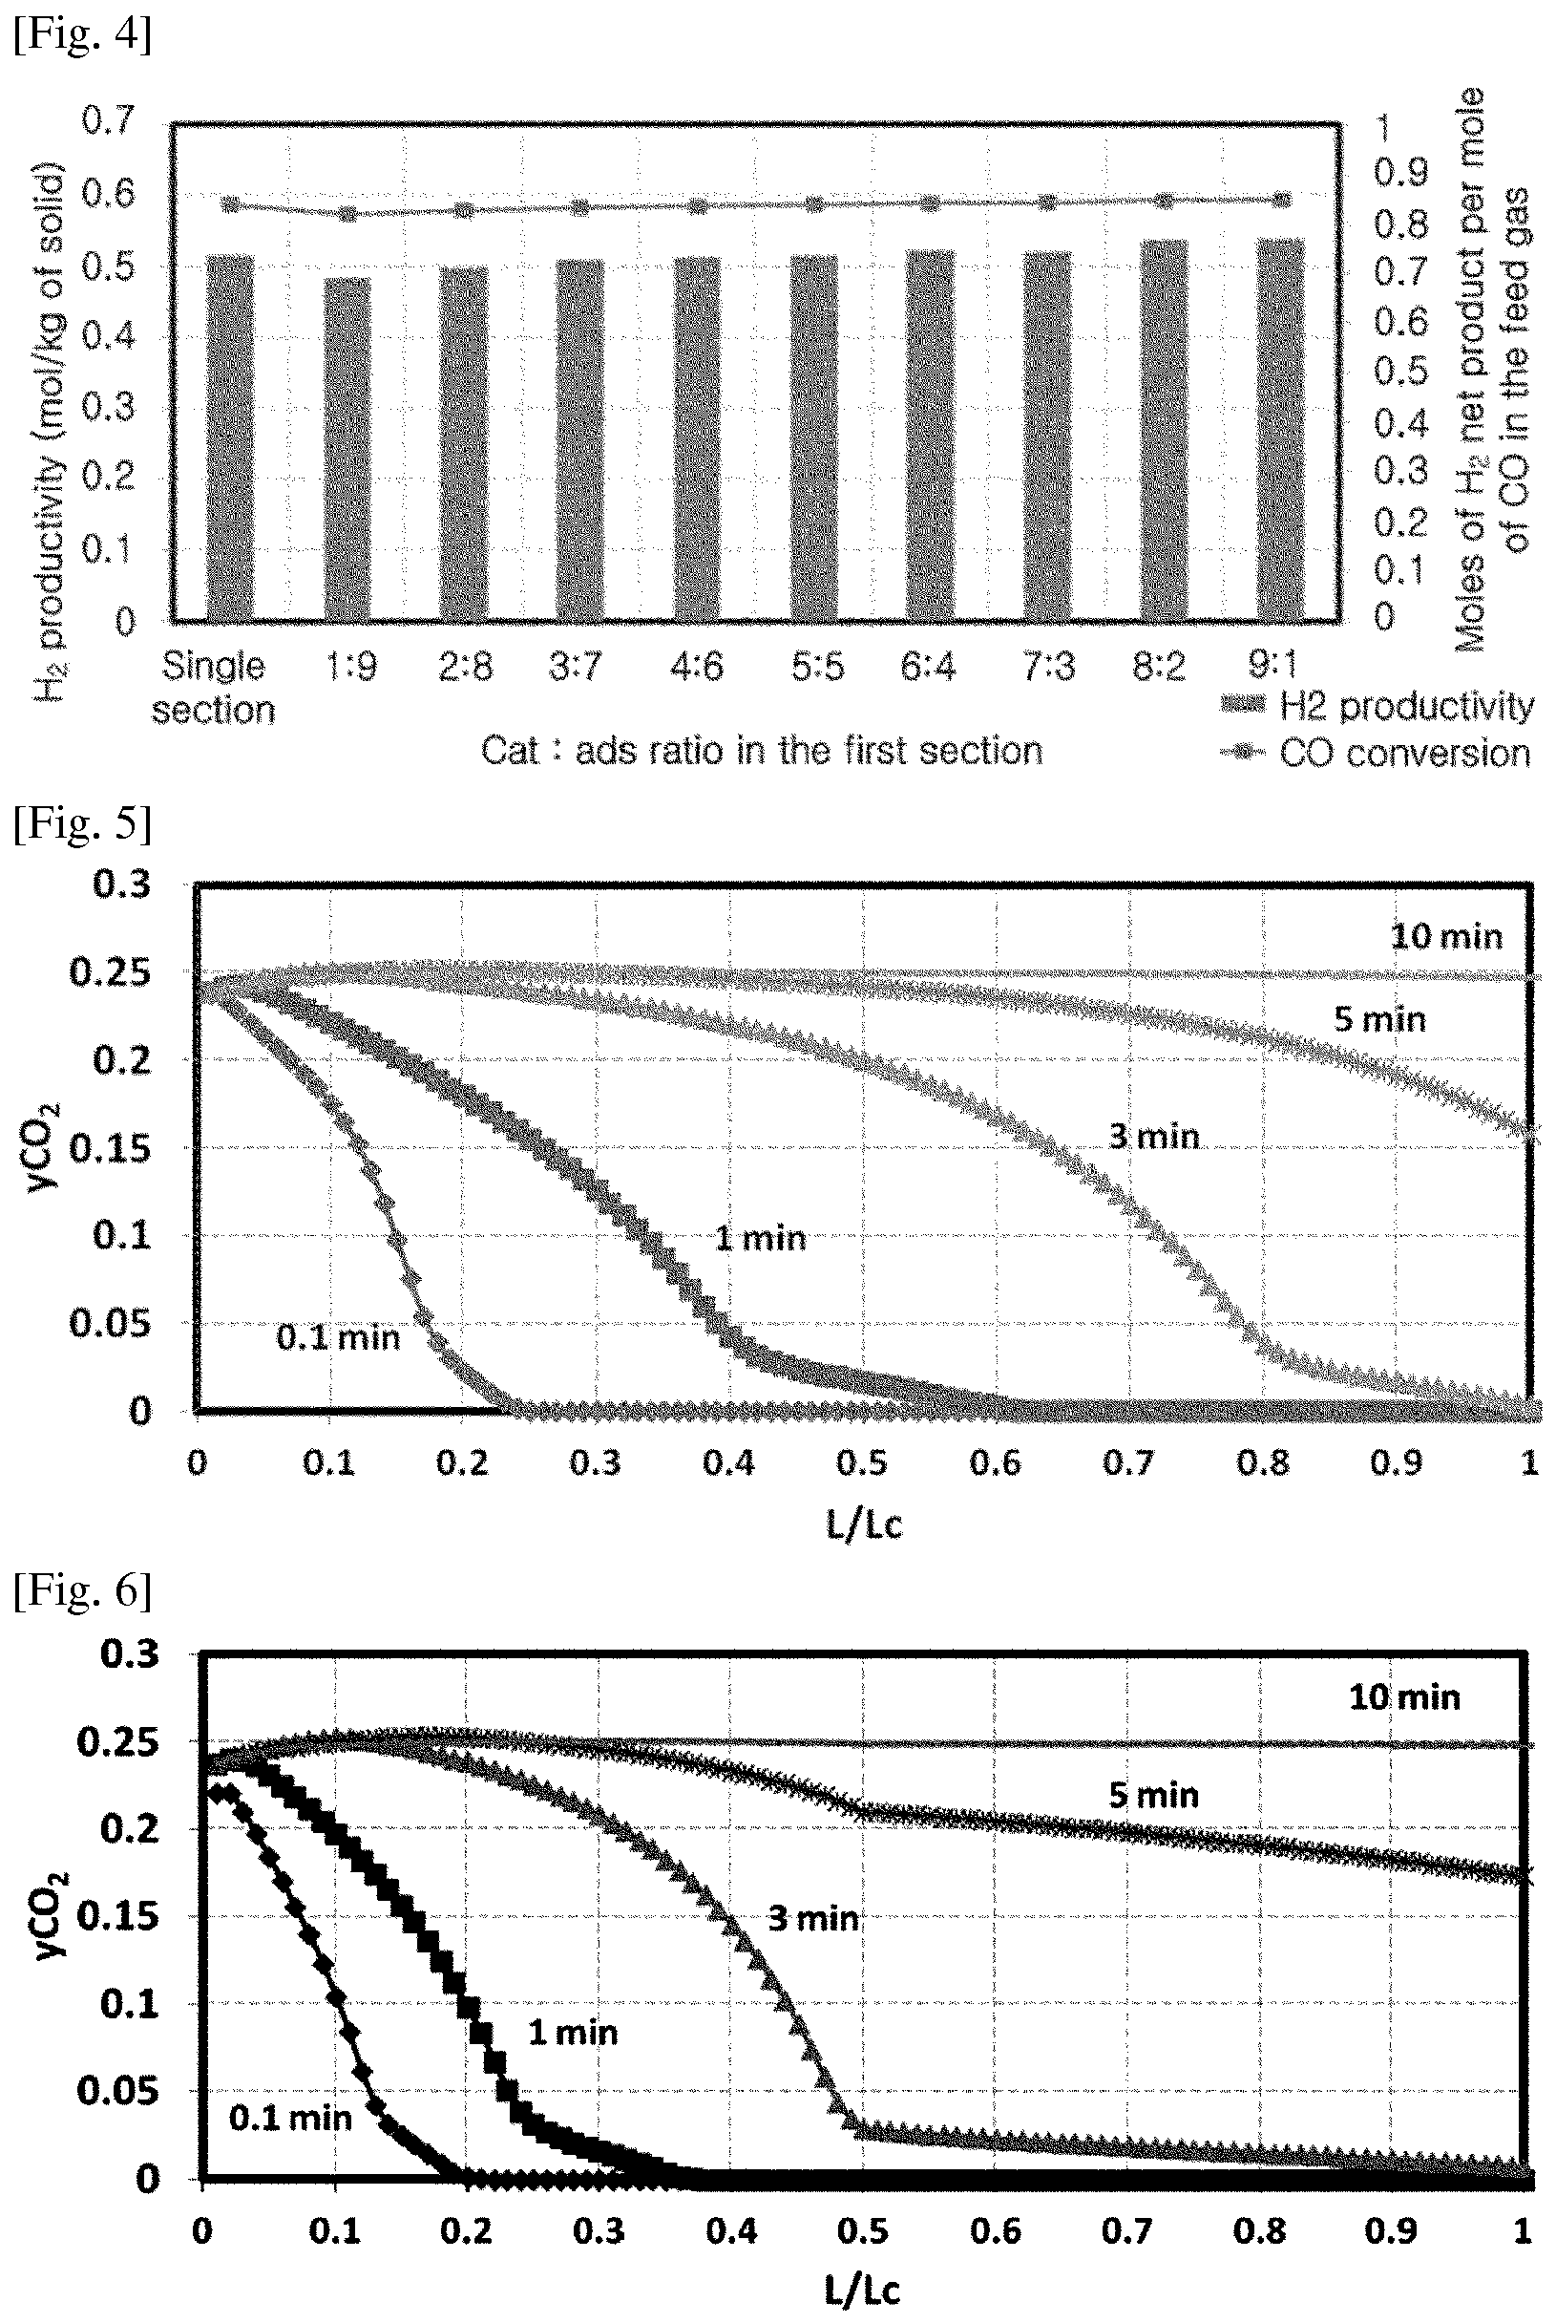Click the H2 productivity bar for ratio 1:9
347,449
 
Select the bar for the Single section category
230,437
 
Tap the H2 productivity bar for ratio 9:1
1280,430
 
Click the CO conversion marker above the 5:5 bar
813,204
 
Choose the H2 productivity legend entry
1377,706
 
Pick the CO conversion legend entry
1376,754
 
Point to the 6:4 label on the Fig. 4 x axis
928,666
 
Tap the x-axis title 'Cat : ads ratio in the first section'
761,751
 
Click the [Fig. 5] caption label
82,823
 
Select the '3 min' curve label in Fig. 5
1154,1136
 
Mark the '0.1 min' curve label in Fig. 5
337,1338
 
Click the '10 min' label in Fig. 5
1447,936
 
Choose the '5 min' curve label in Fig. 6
1154,1795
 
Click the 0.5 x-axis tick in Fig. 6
862,2231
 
